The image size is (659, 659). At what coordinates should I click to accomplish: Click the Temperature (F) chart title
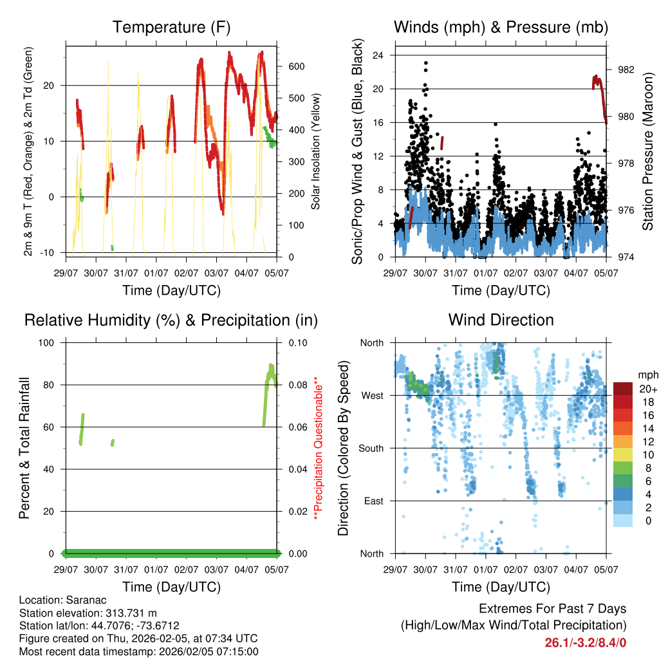(x=171, y=27)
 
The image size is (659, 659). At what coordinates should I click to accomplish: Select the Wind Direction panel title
(x=501, y=320)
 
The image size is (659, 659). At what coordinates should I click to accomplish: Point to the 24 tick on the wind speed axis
(x=378, y=55)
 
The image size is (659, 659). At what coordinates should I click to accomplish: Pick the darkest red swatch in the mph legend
(x=622, y=389)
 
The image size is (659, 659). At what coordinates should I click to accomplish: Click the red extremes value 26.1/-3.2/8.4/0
(x=586, y=643)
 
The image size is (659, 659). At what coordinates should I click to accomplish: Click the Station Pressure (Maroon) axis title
(x=647, y=152)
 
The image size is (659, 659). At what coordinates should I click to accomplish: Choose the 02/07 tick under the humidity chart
(x=186, y=569)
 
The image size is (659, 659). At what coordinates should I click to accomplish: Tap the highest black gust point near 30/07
(x=425, y=63)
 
